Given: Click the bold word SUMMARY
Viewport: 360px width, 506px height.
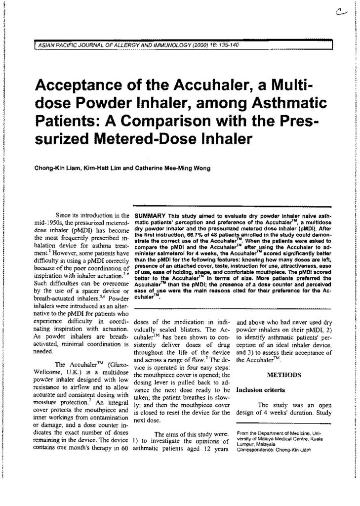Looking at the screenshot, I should pyautogui.click(x=149, y=216).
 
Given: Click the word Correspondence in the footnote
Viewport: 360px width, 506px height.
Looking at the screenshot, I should pyautogui.click(x=256, y=451).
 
